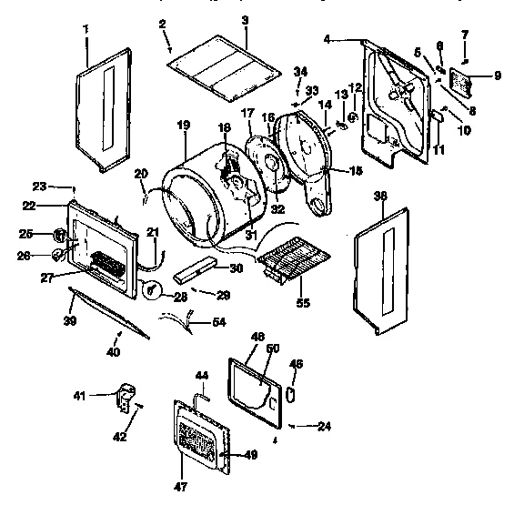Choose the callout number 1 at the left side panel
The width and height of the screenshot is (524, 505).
(86, 30)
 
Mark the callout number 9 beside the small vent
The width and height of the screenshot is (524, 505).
(497, 76)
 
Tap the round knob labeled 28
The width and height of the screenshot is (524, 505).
(154, 290)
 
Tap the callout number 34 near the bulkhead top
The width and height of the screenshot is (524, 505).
(301, 71)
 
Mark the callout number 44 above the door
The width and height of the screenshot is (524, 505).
(203, 375)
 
